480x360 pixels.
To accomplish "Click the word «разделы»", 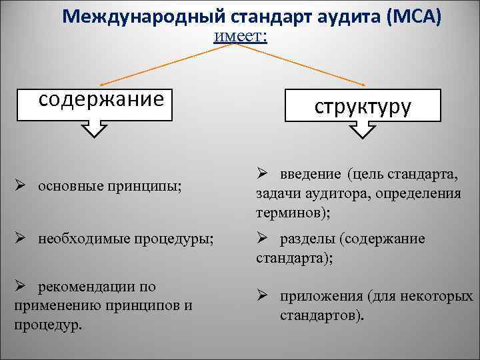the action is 307,238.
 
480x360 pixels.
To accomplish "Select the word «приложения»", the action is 321,296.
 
